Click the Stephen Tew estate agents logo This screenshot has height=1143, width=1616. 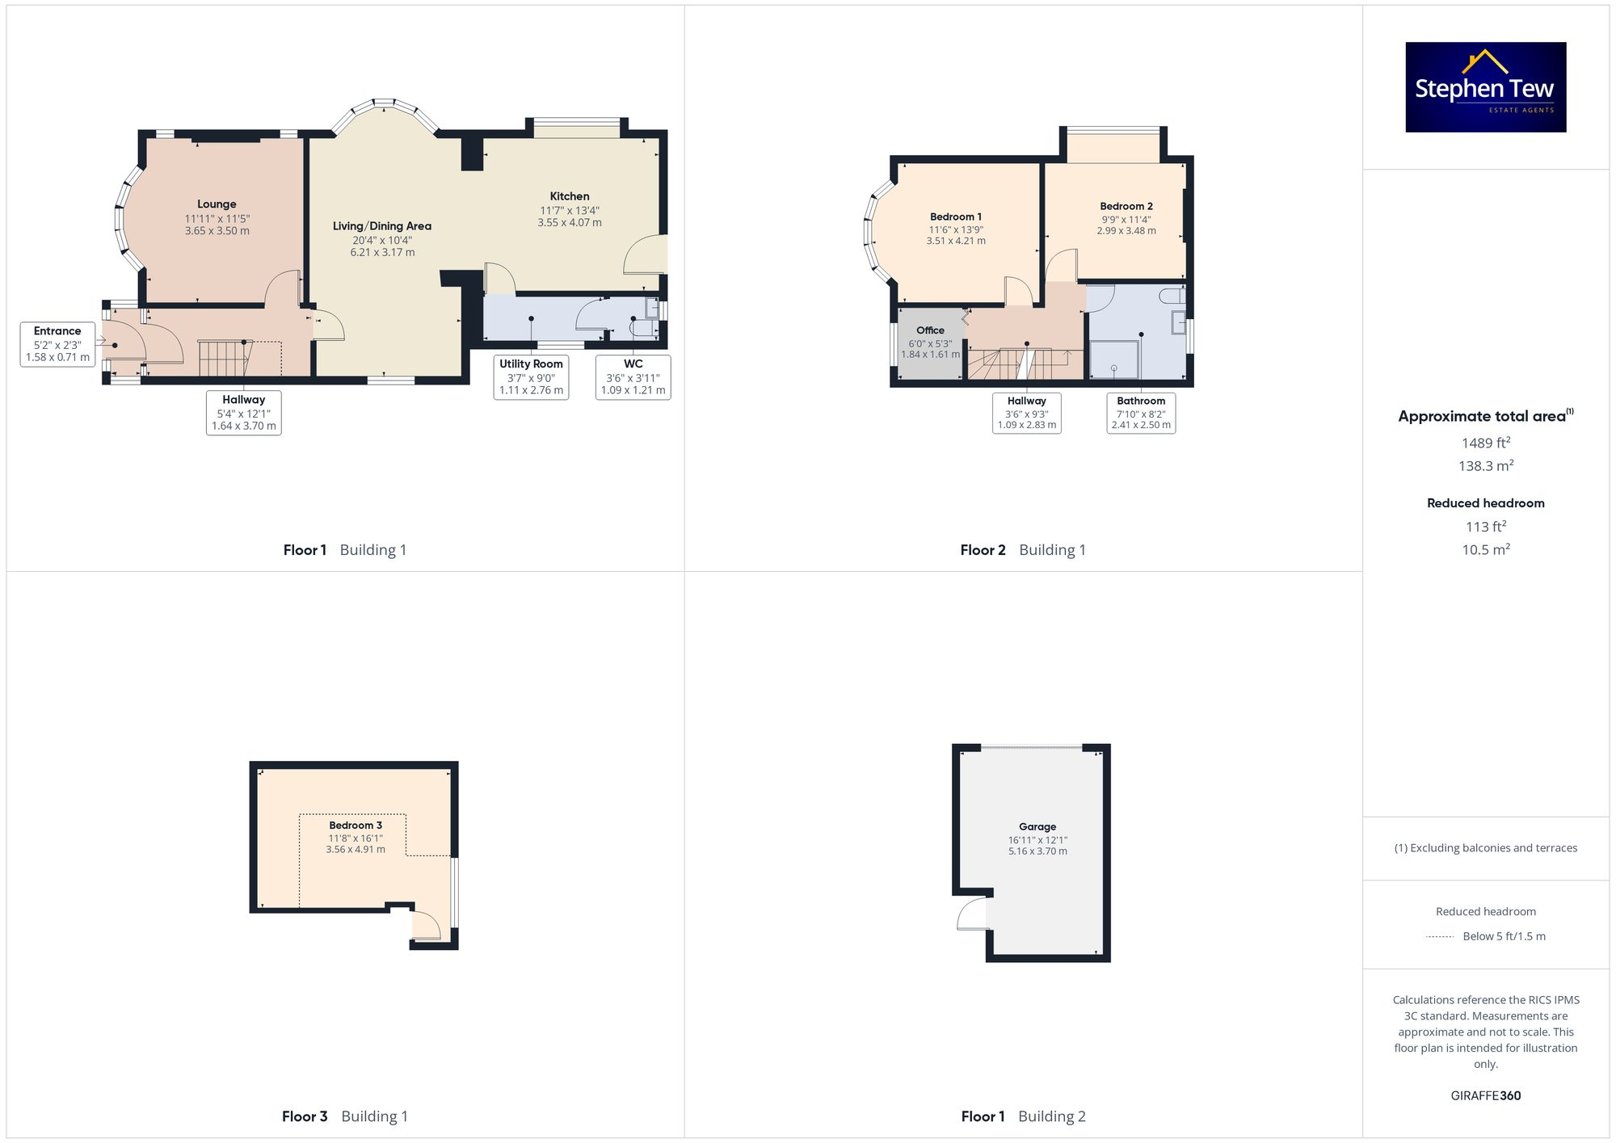[x=1485, y=87]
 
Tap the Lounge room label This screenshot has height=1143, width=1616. [x=217, y=204]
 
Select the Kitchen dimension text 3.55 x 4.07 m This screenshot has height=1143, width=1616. [x=570, y=223]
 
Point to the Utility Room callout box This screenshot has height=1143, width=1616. [x=531, y=377]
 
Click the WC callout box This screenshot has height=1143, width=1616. [x=633, y=377]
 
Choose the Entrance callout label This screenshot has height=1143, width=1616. [x=57, y=343]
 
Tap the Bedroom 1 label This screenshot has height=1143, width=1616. [x=956, y=216]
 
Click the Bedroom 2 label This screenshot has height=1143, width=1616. [x=1126, y=206]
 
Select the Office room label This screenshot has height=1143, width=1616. [x=930, y=330]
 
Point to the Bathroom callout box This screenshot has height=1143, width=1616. [x=1141, y=413]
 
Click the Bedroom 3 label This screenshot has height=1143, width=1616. [x=356, y=825]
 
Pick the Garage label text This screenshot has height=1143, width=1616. [x=1037, y=826]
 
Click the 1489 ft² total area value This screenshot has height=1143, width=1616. [x=1485, y=443]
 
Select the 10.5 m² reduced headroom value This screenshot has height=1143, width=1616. [x=1485, y=549]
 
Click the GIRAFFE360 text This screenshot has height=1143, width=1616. [x=1485, y=1095]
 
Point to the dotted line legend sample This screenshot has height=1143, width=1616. [x=1440, y=937]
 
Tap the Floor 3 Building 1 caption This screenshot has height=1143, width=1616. [x=345, y=1116]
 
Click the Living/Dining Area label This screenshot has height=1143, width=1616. [x=382, y=226]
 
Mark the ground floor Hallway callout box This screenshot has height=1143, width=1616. [x=243, y=413]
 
